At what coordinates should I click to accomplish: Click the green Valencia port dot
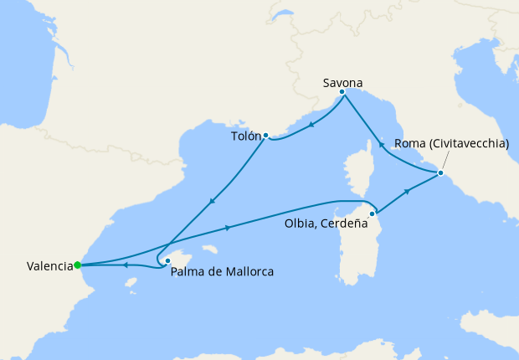(x=77, y=265)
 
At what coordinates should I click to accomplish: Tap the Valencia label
(x=49, y=266)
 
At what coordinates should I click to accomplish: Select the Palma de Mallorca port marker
(x=167, y=260)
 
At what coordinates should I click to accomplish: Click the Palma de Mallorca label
(x=222, y=271)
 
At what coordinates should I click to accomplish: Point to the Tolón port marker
(x=265, y=135)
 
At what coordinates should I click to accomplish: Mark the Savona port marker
(x=342, y=91)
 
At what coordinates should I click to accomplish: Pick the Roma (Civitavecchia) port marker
(x=440, y=173)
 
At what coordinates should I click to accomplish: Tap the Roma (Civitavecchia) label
(x=451, y=143)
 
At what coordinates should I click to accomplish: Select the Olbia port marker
(x=372, y=213)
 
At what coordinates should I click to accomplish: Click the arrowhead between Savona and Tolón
(x=311, y=126)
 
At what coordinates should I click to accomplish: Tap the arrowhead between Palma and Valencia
(x=125, y=265)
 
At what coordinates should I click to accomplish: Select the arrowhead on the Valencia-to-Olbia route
(x=229, y=228)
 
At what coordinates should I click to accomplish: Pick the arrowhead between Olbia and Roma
(x=408, y=192)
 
